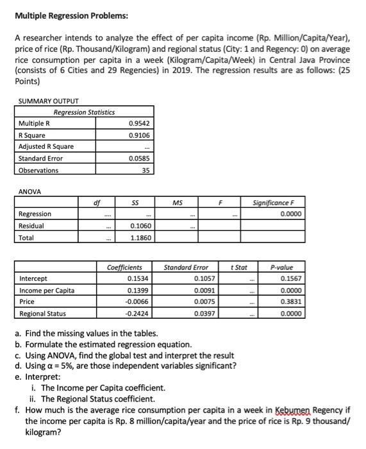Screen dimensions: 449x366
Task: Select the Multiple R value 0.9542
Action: click(x=139, y=123)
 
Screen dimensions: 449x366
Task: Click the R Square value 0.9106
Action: click(x=139, y=135)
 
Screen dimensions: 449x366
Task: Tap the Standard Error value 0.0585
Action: click(x=139, y=158)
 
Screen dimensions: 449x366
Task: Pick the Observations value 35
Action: click(x=146, y=170)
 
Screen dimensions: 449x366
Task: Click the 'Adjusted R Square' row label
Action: click(x=46, y=146)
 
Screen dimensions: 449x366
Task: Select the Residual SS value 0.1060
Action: click(x=141, y=226)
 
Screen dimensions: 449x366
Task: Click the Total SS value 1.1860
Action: click(x=141, y=237)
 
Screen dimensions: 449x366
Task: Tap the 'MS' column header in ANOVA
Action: click(x=178, y=203)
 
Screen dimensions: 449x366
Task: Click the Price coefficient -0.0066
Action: click(x=138, y=301)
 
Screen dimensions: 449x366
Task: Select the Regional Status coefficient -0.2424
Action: click(x=138, y=313)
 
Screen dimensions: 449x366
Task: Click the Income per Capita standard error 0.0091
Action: click(x=204, y=290)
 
